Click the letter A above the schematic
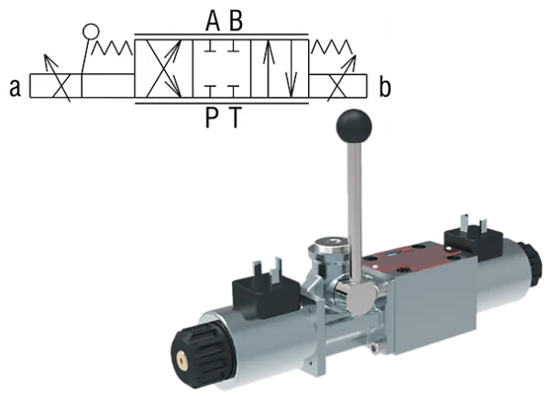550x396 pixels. click(213, 21)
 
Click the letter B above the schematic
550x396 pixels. click(236, 21)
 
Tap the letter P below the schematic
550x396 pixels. click(212, 117)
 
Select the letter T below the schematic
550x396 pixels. click(236, 117)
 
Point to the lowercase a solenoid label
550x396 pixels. click(15, 88)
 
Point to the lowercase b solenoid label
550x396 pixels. click(385, 87)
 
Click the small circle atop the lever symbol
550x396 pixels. click(91, 32)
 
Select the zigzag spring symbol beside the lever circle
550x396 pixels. click(112, 48)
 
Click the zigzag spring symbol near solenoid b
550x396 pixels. click(332, 47)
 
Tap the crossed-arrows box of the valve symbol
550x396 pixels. click(163, 69)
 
